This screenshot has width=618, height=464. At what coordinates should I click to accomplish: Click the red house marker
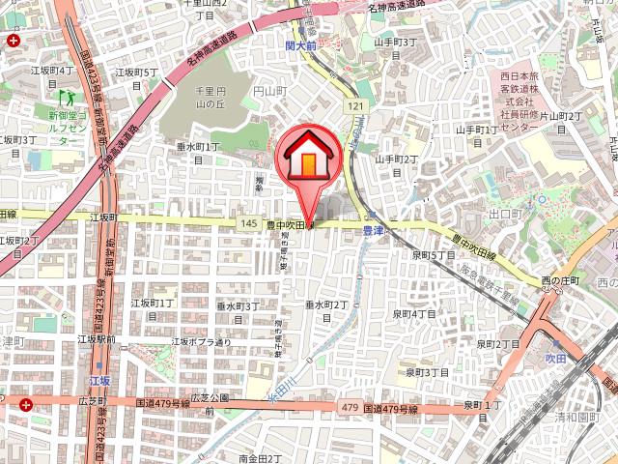pos(305,155)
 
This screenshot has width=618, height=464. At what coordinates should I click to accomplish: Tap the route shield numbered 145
pos(250,223)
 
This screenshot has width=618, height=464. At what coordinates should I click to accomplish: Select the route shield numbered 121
pos(356,105)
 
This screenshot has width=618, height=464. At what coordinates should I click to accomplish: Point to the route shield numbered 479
pos(349,409)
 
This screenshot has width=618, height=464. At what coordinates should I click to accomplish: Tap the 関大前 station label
pos(301,43)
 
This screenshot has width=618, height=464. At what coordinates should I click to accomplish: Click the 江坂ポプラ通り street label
pos(201,341)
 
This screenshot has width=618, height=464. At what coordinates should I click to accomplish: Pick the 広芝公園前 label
pos(208,403)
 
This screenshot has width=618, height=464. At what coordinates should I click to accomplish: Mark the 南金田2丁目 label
pos(259,457)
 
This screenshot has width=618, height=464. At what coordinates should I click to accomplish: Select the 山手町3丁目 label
pos(395,48)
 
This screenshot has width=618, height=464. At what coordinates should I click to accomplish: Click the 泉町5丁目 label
pos(433,255)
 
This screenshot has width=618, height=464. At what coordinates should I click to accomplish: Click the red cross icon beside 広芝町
pos(25,404)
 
